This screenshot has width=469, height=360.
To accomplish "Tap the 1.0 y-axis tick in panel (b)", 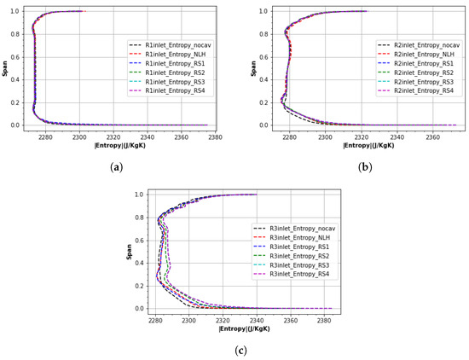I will click(263, 11).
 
